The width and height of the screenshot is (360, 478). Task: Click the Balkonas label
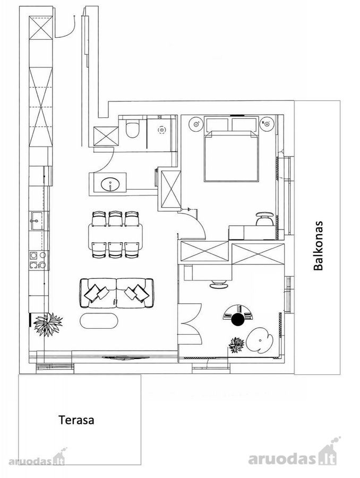318,246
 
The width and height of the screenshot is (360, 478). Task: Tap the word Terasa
76,420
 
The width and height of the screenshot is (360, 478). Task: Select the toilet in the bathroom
133,129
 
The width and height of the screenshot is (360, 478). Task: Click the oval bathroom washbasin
110,185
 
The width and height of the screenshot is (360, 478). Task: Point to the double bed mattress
232,156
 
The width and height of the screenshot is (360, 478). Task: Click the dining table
116,234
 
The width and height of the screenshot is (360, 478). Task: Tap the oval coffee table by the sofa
99,321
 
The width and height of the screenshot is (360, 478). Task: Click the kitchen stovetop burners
38,260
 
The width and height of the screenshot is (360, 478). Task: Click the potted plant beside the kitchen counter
48,325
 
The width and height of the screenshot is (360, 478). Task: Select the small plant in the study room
236,345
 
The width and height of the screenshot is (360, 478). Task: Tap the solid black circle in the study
238,319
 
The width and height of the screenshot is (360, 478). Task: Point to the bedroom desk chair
264,218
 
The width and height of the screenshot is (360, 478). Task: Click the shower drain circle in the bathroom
161,130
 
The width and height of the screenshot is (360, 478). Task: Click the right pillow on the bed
244,125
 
